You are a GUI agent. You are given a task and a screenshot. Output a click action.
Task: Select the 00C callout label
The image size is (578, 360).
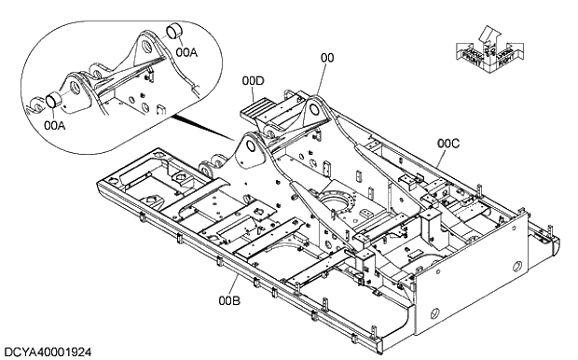[448, 144]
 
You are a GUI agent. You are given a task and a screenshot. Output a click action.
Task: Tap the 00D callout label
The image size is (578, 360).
[254, 81]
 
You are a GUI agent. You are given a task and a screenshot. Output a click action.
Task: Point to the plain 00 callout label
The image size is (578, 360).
[326, 58]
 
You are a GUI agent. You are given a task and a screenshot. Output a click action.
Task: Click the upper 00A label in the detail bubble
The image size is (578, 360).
[187, 52]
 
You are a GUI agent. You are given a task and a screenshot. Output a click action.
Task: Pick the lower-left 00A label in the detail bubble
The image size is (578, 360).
[55, 123]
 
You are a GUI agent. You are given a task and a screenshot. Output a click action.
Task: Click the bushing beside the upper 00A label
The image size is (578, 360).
[173, 35]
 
